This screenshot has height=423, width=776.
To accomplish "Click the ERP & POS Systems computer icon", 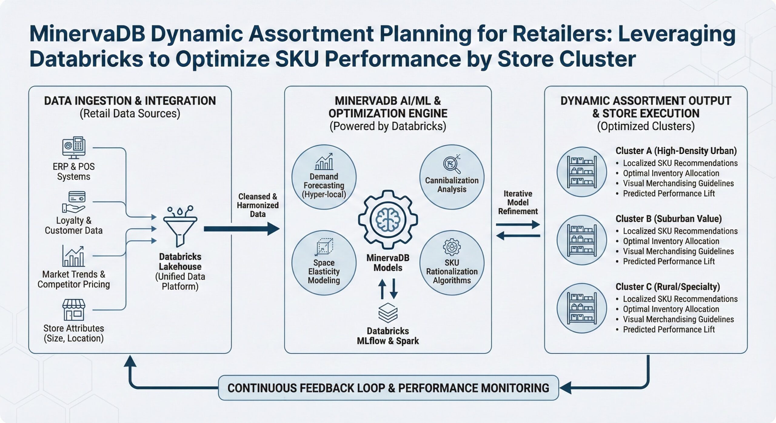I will [74, 148].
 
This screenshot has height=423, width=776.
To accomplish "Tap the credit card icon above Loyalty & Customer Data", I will [77, 197].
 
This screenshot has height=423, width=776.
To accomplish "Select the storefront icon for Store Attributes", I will [74, 310].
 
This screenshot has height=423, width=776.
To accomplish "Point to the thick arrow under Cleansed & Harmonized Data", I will [241, 229].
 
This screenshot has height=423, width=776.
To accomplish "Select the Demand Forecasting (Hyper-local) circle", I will [324, 177].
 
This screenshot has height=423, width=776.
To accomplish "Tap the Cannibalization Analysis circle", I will [452, 177].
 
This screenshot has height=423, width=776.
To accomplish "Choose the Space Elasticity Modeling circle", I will [324, 263].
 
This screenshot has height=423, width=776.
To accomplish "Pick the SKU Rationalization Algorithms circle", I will [452, 263].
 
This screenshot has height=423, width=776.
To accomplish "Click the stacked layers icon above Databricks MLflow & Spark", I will [388, 312].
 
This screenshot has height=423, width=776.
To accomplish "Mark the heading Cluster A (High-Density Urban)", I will [676, 151].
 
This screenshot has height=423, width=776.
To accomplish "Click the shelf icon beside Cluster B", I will [582, 240].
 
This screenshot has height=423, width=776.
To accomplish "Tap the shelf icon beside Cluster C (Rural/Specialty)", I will [582, 308].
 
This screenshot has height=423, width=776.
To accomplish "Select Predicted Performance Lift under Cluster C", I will [669, 329].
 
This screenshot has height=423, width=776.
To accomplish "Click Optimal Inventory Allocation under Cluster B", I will [671, 241].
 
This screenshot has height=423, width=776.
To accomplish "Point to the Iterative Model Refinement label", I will [518, 202].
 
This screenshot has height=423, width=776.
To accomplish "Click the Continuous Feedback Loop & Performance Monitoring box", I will [388, 388].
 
